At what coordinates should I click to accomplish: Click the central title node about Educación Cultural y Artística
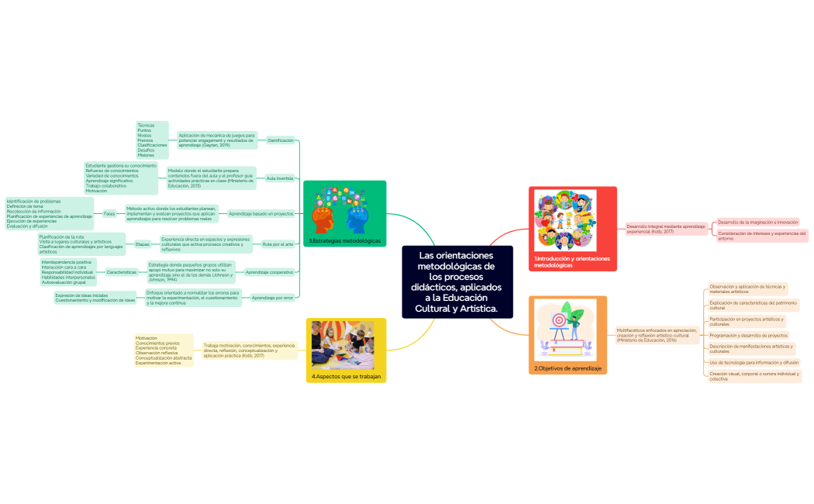coord(457,282)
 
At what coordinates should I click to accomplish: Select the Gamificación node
coord(280,140)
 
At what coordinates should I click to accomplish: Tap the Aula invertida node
coord(279,178)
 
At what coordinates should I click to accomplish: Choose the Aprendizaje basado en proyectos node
coord(261,213)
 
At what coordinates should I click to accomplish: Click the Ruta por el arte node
coord(278,244)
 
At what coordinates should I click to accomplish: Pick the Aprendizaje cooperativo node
coord(269,272)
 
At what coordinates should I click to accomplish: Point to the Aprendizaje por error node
coord(271,297)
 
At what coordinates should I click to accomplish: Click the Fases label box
coord(109,213)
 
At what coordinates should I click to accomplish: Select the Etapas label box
coord(142,244)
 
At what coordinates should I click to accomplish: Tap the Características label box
coord(122,272)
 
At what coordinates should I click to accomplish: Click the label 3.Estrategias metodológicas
coord(345,241)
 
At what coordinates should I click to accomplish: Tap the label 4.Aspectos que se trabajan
coord(346,377)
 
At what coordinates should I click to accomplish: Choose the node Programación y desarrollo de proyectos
coord(748,335)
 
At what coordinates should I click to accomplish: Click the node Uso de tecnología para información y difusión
coord(754,362)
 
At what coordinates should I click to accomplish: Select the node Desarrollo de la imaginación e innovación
coord(757,222)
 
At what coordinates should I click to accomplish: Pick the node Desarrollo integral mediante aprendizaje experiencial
coord(666,229)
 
